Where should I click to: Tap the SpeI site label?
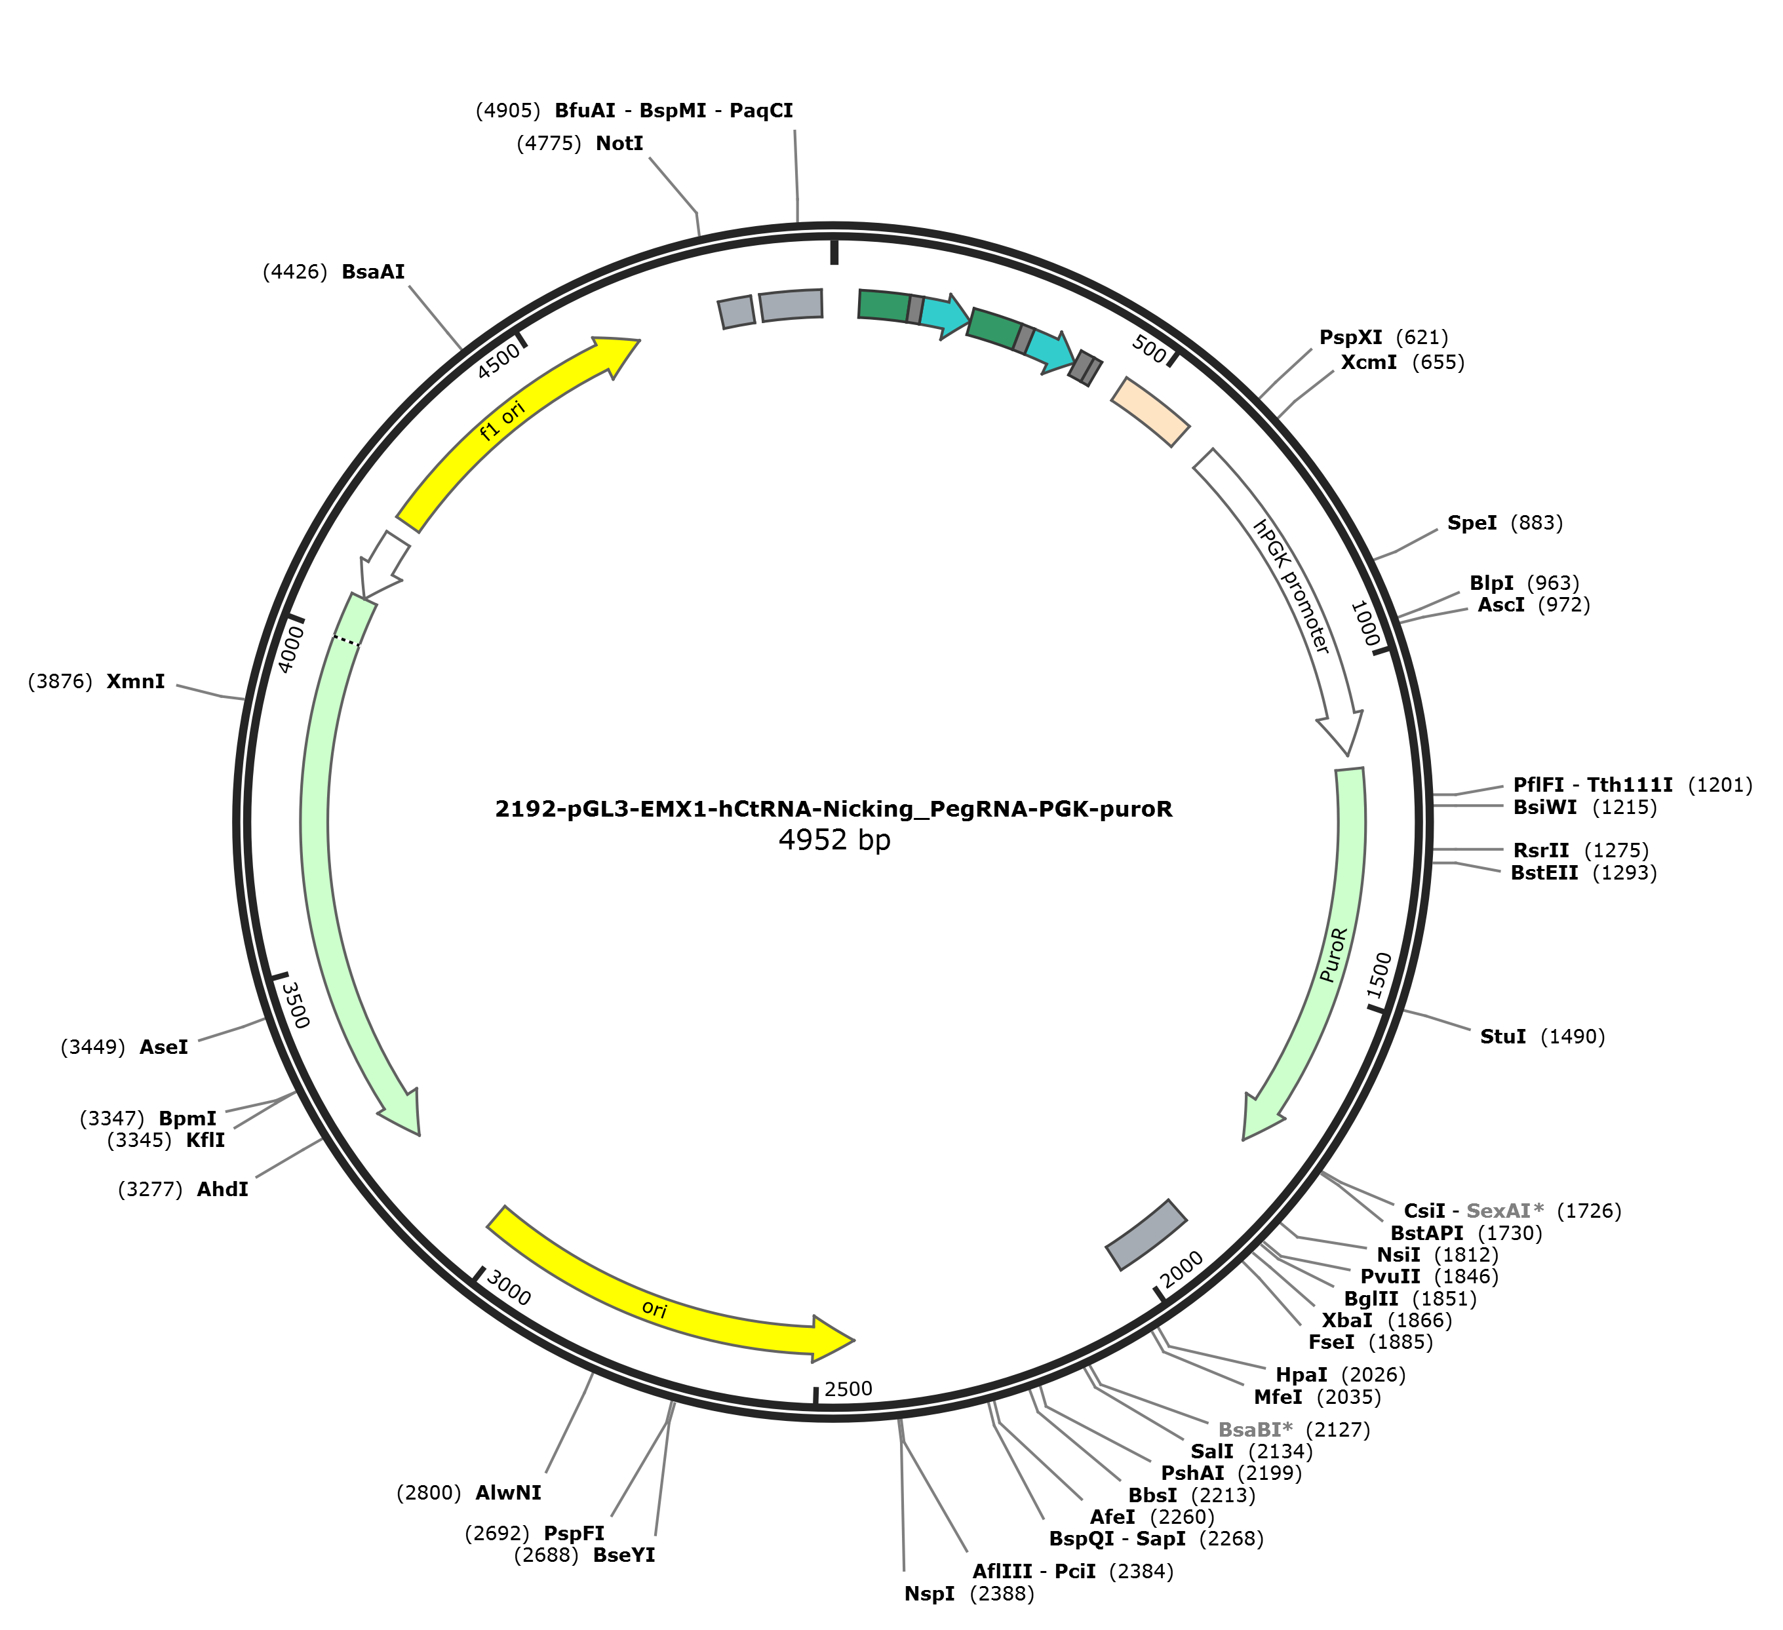(1472, 523)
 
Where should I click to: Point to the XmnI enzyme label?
(135, 681)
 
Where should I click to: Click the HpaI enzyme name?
(1301, 1374)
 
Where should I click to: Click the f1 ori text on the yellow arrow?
(502, 420)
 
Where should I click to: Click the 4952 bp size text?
(834, 840)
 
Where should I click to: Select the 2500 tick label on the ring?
(848, 1389)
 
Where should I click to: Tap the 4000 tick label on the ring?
(291, 649)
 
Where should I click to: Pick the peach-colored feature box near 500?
(1150, 411)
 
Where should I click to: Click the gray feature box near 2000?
(1146, 1235)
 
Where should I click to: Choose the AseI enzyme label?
(164, 1047)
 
